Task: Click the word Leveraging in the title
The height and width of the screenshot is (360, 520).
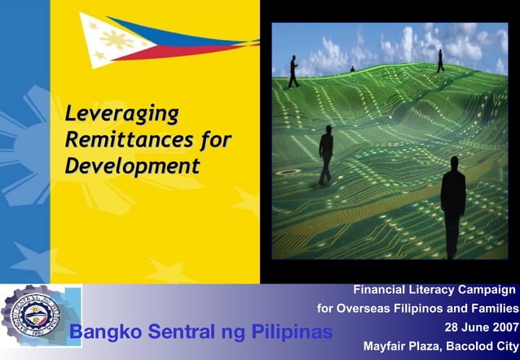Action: pyautogui.click(x=121, y=113)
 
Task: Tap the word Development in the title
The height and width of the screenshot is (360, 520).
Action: pyautogui.click(x=132, y=166)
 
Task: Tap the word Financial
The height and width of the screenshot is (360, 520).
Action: pyautogui.click(x=381, y=290)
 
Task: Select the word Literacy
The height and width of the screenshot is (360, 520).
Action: pyautogui.click(x=438, y=290)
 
